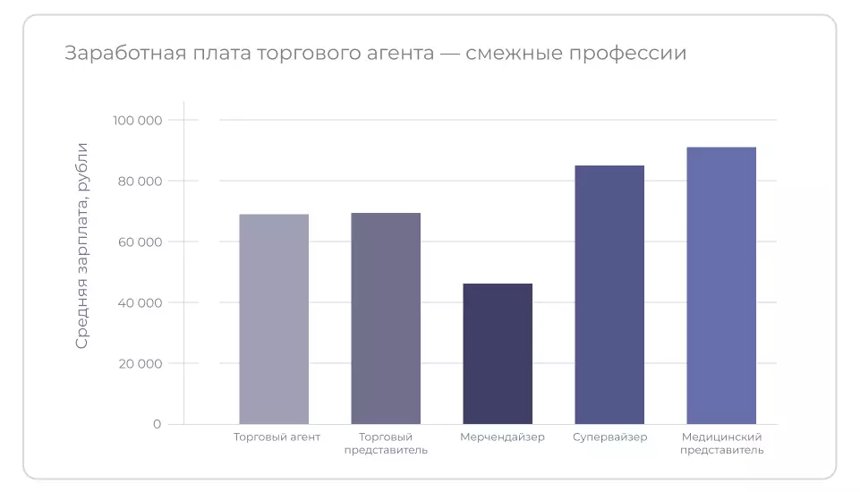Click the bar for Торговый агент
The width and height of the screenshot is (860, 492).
274,318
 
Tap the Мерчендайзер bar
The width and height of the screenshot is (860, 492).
498,353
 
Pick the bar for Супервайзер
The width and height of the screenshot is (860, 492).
609,294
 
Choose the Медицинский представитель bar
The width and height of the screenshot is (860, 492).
721,285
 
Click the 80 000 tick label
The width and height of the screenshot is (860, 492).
139,181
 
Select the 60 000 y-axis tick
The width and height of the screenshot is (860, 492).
139,242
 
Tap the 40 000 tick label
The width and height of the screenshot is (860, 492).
139,302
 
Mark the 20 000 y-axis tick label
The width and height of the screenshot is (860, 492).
139,363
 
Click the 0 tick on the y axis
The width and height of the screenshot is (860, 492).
157,424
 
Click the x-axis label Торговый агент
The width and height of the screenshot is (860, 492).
277,437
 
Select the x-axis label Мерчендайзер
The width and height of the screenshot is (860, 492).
502,437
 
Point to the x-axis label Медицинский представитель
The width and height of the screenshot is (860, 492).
721,444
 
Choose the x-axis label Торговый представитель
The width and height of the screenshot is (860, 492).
386,444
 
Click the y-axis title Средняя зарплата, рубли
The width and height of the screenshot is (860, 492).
82,245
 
